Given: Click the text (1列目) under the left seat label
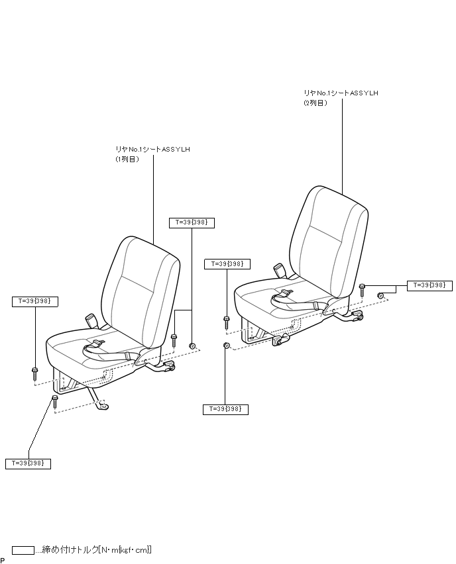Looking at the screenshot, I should click(x=127, y=160).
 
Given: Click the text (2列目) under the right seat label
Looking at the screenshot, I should click(x=315, y=103).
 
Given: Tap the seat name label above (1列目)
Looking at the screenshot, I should click(x=152, y=150).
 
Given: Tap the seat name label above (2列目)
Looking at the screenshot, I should click(x=341, y=93).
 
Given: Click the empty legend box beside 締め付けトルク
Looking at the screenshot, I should click(x=23, y=549).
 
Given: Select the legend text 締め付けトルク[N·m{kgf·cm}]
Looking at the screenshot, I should click(x=97, y=549).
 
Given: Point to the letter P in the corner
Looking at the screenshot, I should click(x=3, y=560).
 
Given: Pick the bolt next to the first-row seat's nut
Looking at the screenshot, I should click(x=174, y=340).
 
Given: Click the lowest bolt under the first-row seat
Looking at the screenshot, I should click(x=55, y=401).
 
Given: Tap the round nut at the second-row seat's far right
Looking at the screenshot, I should click(x=381, y=295).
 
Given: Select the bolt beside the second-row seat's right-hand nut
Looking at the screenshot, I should click(x=363, y=290).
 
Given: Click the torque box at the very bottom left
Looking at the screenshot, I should click(x=28, y=463).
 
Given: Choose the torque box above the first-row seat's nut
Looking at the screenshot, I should click(x=192, y=223).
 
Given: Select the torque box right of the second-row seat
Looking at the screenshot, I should click(x=429, y=285).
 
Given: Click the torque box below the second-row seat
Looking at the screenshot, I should click(x=225, y=410).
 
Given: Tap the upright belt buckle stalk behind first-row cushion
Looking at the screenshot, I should click(x=91, y=320).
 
